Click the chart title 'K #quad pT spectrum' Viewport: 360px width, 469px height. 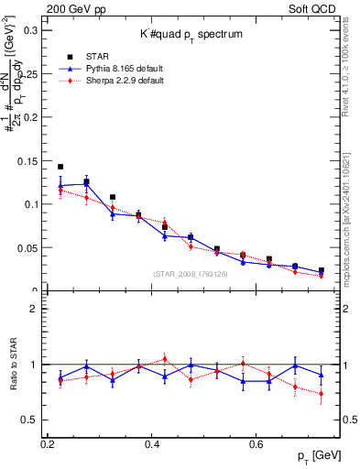[191, 34]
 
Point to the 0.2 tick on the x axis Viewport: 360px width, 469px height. [48, 444]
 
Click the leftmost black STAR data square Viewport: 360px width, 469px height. [60, 167]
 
